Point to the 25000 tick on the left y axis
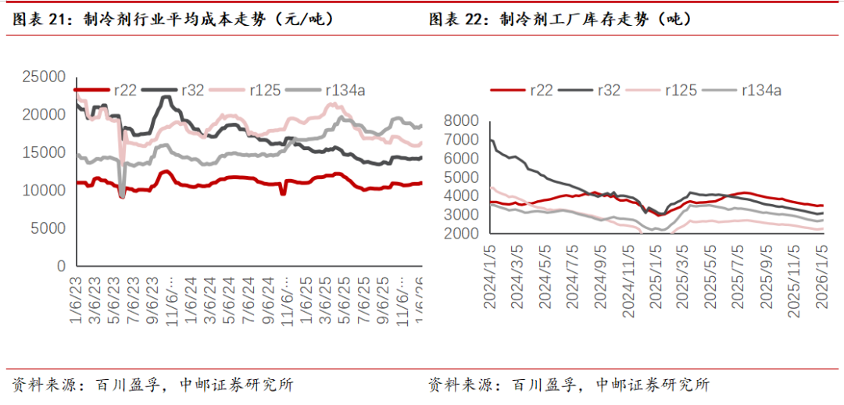[x=44, y=77]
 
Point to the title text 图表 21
[x=38, y=20]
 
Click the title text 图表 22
[x=457, y=20]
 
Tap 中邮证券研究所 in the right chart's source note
[x=652, y=385]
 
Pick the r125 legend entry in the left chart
[x=266, y=90]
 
